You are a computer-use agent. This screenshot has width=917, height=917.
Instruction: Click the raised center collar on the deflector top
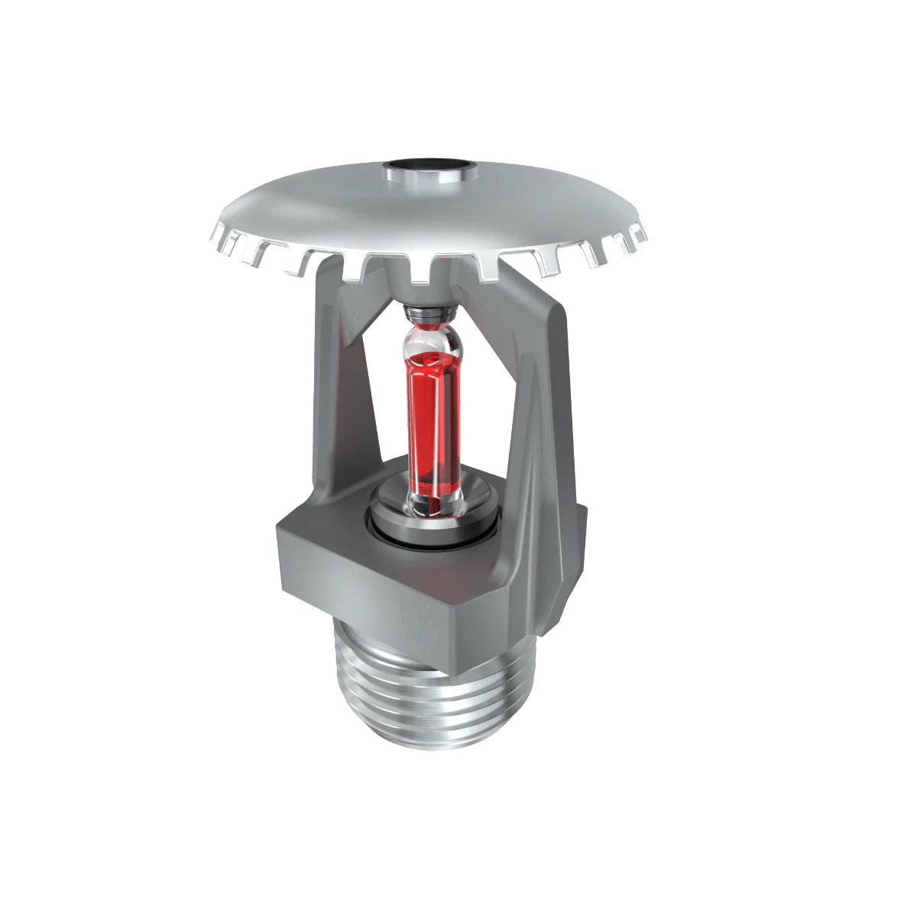coord(429,178)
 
